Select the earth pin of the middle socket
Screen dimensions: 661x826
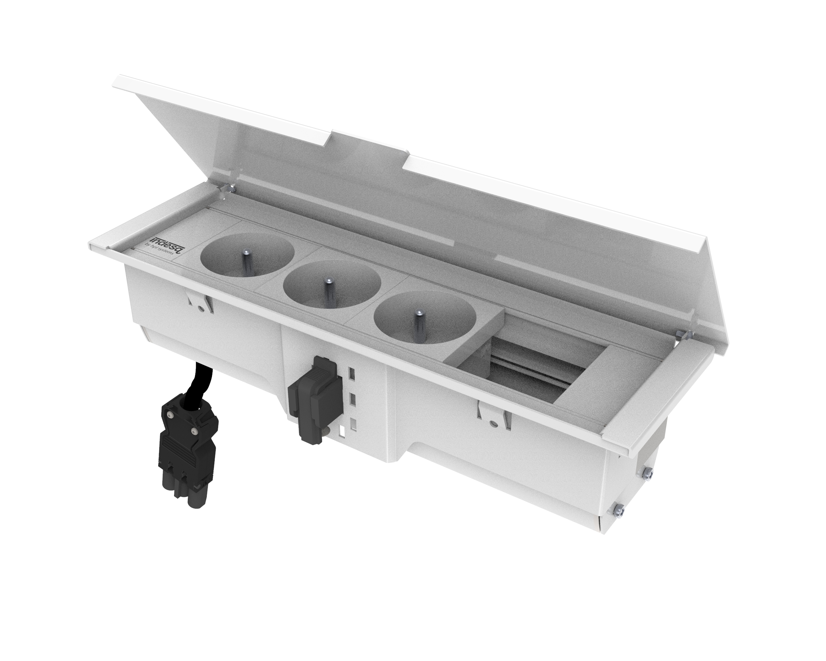328,289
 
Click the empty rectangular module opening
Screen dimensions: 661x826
536,373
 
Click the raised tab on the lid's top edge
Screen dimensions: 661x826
370,145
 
